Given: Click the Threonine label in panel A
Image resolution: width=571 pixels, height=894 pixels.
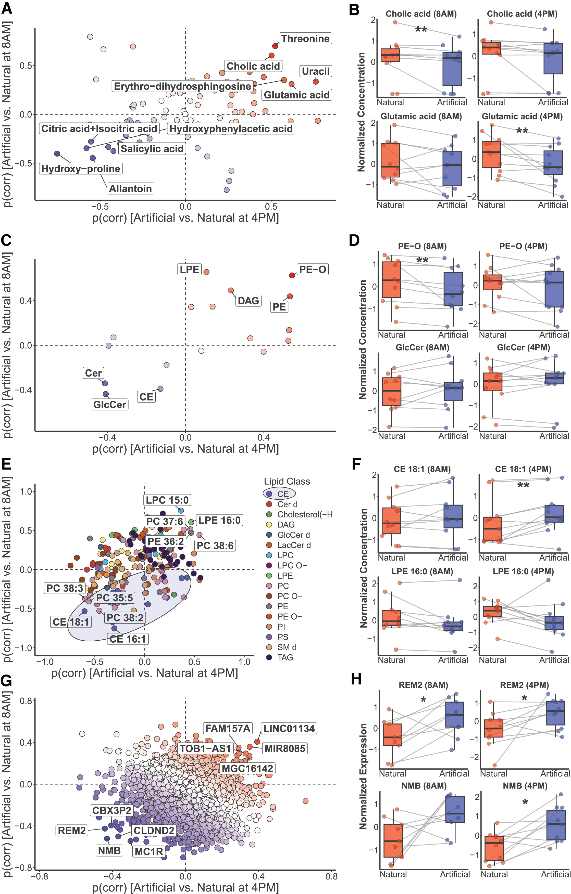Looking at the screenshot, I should (x=305, y=38).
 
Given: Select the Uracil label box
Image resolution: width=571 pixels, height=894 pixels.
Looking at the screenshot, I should (x=315, y=71).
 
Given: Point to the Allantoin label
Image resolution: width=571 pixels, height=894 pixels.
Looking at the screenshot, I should (x=130, y=189).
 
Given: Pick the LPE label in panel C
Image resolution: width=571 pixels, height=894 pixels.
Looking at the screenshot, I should (x=190, y=269).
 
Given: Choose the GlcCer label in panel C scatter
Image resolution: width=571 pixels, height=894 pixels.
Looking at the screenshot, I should (x=110, y=404).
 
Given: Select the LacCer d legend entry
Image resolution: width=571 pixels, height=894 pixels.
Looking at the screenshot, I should (x=293, y=545).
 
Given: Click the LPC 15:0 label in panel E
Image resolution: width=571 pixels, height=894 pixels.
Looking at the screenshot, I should (x=167, y=500).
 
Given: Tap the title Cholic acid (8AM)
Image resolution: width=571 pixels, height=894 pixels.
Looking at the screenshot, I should (x=421, y=14).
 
